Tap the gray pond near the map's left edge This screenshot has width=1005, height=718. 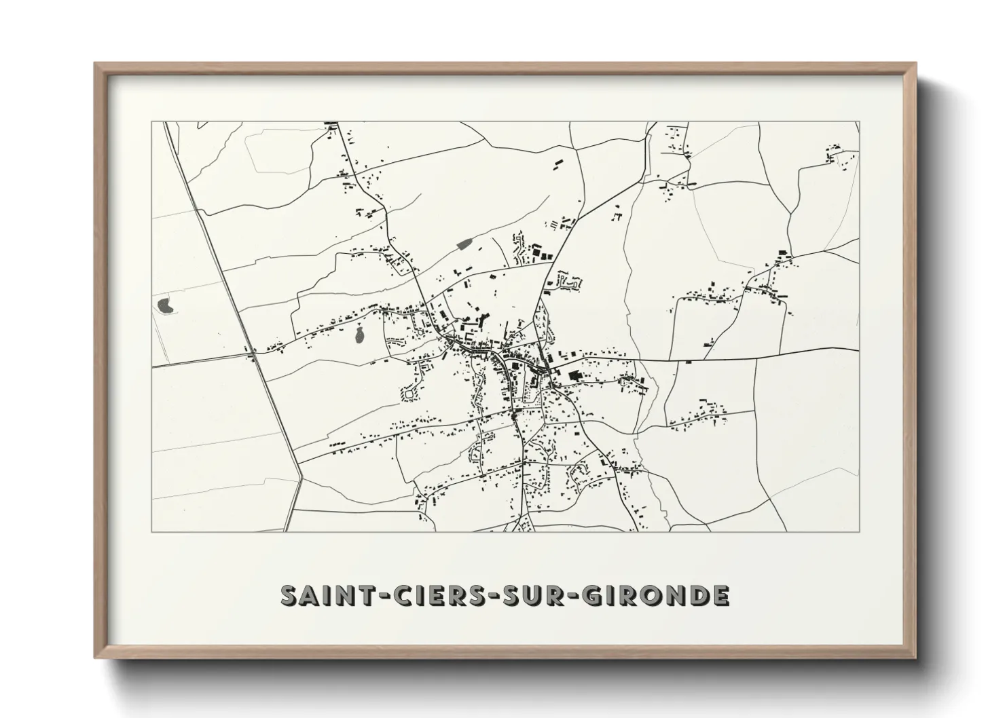[165, 305]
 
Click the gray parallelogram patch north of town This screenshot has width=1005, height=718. [464, 244]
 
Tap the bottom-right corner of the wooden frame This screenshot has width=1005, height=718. [917, 658]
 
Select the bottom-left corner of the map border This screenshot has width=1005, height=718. [152, 531]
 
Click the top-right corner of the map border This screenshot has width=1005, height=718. [860, 121]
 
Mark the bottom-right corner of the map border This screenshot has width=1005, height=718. [860, 531]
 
